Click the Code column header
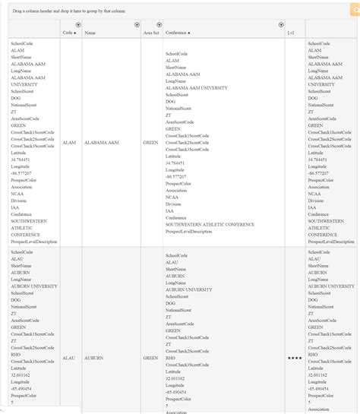69,33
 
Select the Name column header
90,33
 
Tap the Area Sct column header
151,33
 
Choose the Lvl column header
291,33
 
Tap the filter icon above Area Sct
159,25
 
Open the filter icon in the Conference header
280,25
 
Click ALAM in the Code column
69,142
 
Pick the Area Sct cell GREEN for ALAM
151,142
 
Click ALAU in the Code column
69,357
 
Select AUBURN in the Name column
94,357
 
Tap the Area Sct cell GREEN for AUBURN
151,357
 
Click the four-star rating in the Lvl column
295,357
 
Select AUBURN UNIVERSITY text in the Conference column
189,289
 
